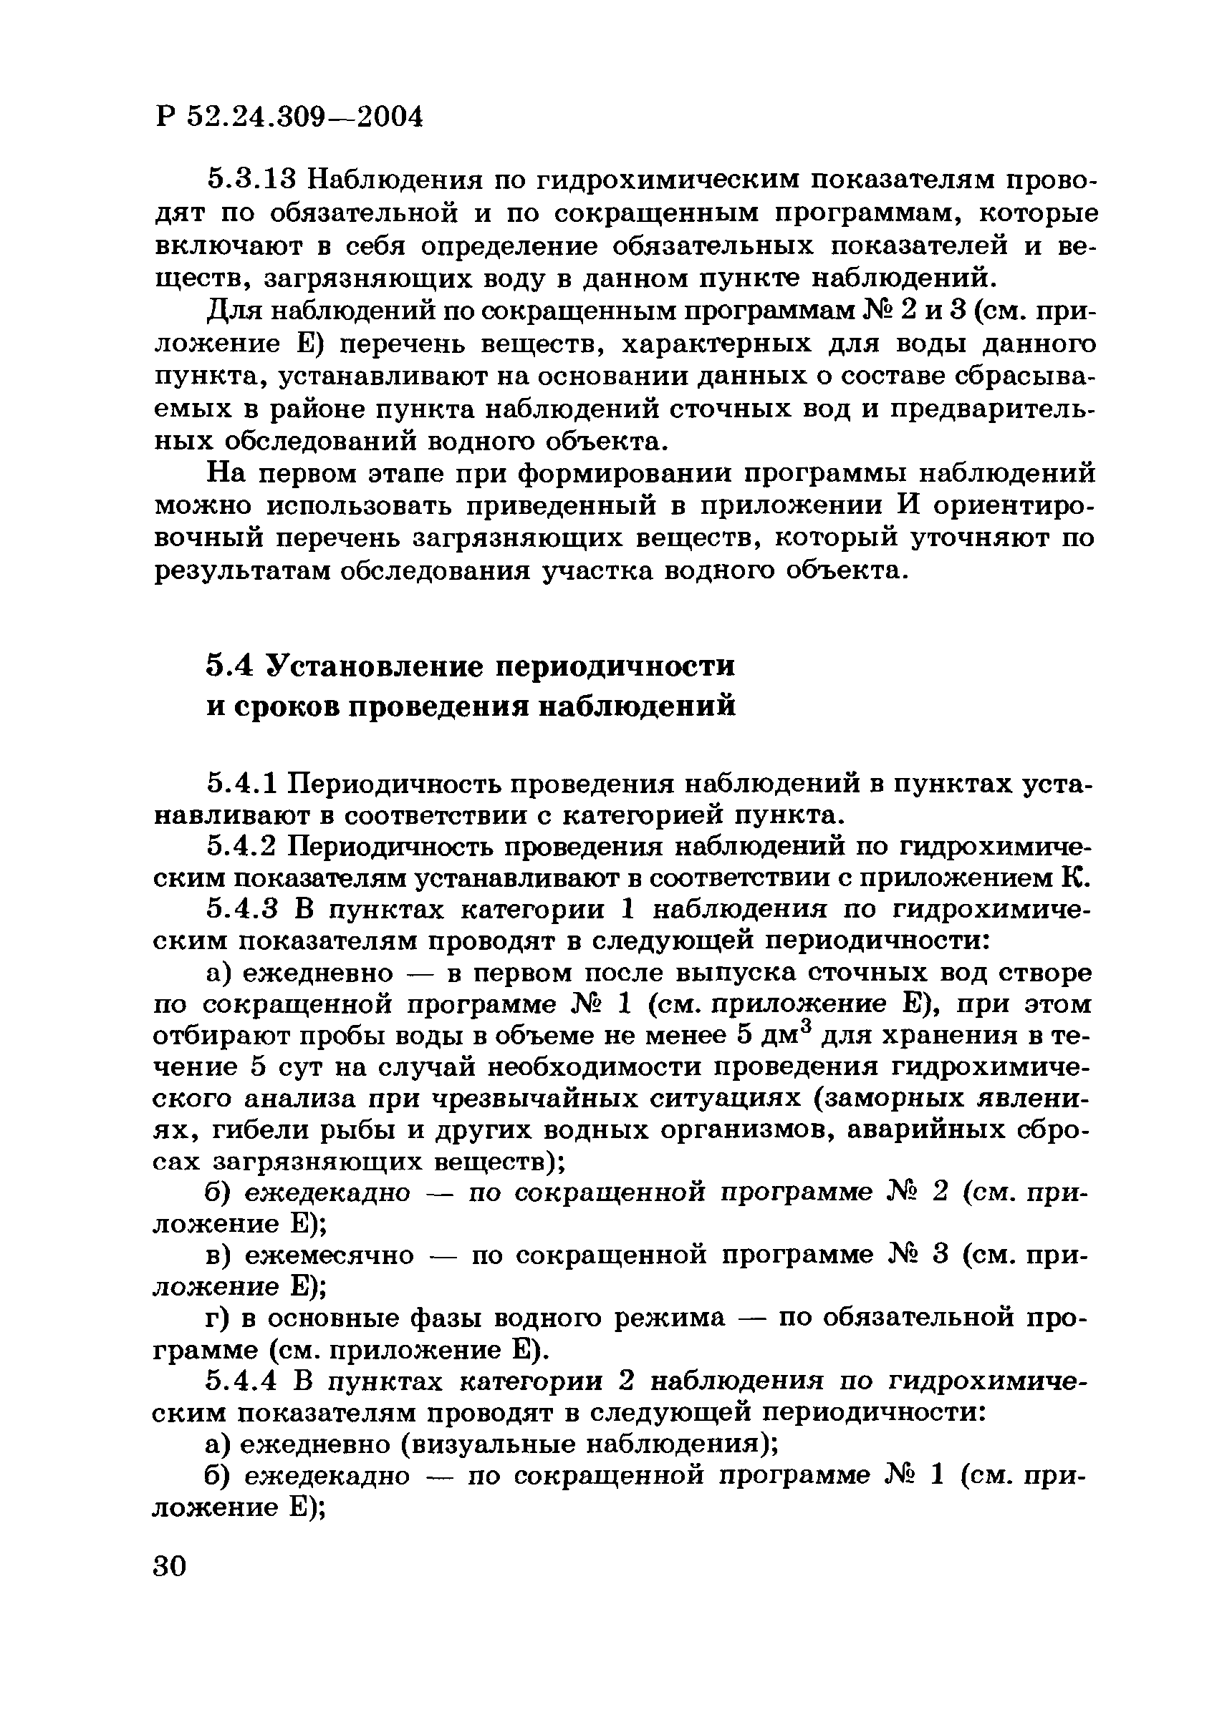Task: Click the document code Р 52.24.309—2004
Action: (289, 117)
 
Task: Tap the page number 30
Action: (169, 1565)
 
